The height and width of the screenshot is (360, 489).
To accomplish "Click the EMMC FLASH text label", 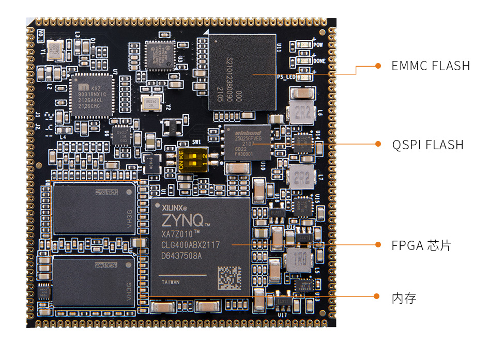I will coord(431,66).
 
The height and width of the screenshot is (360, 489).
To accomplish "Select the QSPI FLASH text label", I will coord(427,145).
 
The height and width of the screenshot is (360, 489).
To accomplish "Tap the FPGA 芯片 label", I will coord(421,245).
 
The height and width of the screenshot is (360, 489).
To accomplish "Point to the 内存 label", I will coord(404,298).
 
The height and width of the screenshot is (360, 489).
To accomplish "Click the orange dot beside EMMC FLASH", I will coord(378,66).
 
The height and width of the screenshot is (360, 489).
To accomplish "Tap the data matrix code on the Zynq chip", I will coord(229,278).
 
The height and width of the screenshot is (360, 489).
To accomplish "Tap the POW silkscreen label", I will coord(318,45).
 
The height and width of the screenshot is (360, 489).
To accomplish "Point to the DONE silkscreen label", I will coord(319,60).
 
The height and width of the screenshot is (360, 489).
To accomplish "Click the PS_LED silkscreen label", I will coord(286,77).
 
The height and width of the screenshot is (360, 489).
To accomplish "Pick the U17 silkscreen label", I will coord(282,315).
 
